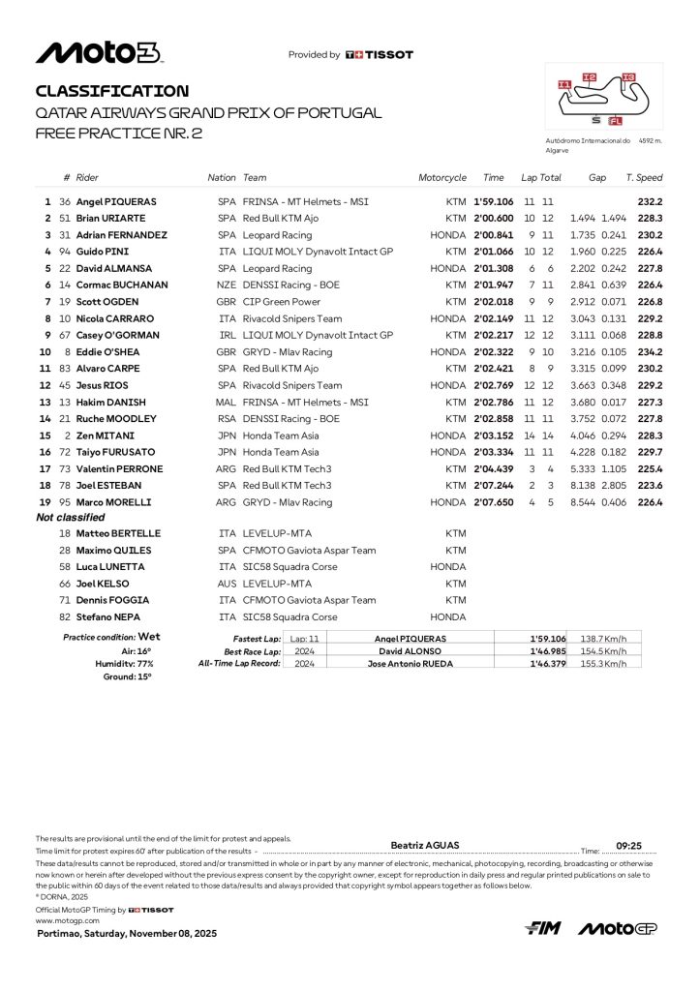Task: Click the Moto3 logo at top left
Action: click(x=99, y=53)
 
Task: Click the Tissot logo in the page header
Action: click(x=380, y=55)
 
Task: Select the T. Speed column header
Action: click(x=644, y=178)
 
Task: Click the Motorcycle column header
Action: click(x=442, y=178)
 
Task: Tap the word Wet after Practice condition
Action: click(x=149, y=637)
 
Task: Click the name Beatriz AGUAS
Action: click(x=423, y=844)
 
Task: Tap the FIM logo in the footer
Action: click(x=544, y=928)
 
